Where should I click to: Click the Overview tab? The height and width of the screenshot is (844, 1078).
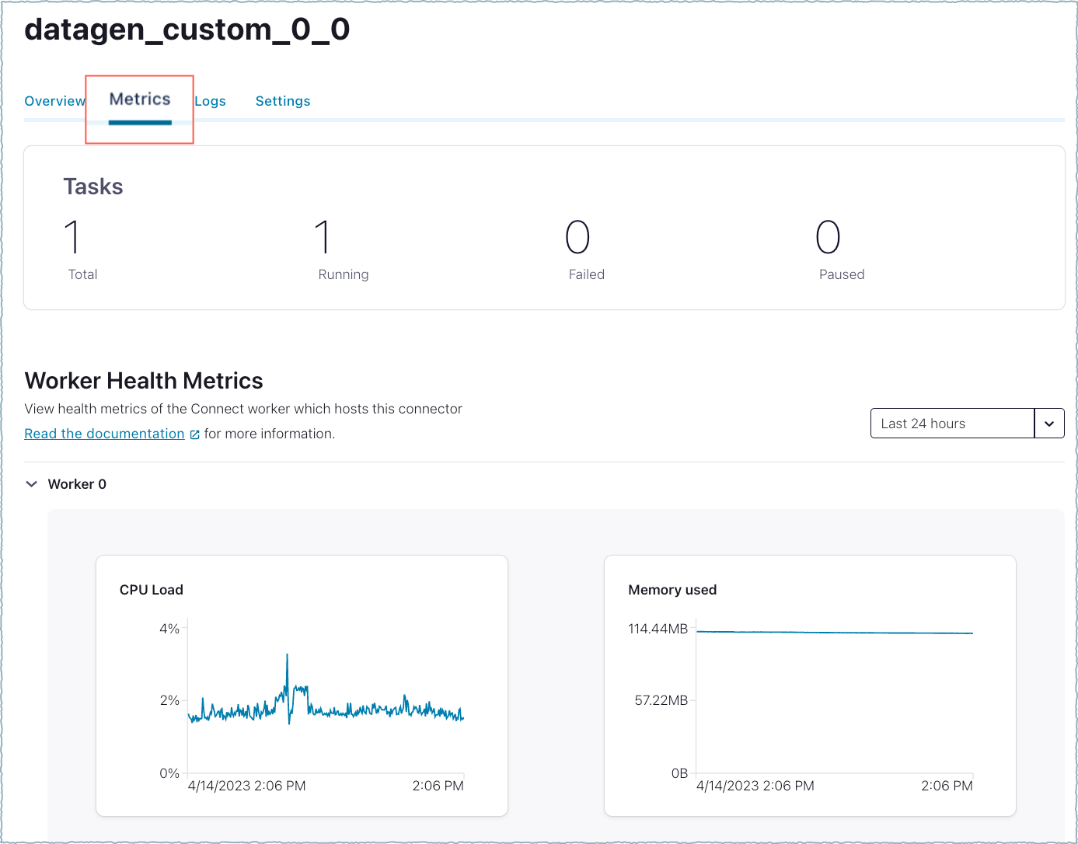coord(54,101)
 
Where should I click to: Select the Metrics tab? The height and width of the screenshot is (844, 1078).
coord(140,99)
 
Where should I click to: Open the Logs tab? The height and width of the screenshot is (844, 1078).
coord(210,101)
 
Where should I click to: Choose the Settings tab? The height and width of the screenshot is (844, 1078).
coord(283,101)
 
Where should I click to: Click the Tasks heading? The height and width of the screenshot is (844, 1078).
coord(93,187)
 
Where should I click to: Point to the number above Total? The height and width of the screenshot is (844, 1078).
coord(72,237)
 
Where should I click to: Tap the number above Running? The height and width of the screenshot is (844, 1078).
coord(323,237)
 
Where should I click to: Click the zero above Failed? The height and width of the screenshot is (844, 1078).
coord(577,237)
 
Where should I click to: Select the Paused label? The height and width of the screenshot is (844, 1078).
coord(842,274)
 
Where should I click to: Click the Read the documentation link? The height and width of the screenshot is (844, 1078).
coord(104,434)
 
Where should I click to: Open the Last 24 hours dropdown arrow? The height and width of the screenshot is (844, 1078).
coord(1049,424)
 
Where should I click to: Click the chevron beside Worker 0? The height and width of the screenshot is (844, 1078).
coord(32,484)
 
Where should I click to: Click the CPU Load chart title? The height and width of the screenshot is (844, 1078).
coord(152,590)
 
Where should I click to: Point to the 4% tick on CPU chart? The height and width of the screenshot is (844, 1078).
coord(169,629)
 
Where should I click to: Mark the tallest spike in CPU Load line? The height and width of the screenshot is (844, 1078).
coord(288,656)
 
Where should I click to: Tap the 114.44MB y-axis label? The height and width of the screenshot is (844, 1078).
coord(658,629)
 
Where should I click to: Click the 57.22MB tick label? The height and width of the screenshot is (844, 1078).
coord(661,700)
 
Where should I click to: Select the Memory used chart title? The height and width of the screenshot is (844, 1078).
coord(672,590)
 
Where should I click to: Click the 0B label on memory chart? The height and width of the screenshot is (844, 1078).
coord(679,773)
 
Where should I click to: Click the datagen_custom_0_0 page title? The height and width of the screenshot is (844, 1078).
coord(187,30)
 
